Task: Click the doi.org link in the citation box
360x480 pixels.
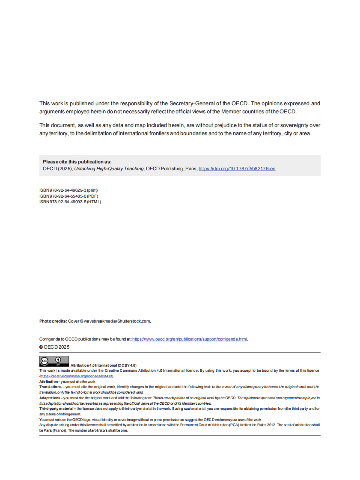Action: coord(237,169)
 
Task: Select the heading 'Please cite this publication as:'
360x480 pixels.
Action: coord(77,162)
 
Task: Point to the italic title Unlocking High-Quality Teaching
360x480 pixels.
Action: coord(109,169)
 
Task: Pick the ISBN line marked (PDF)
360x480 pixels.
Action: coord(69,196)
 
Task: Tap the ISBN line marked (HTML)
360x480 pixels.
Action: coord(70,202)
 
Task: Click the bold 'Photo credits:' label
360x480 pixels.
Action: coord(53,321)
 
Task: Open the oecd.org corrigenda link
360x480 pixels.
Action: coord(190,339)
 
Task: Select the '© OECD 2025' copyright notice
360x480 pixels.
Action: coord(54,347)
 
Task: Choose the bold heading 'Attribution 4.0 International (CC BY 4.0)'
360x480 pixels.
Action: coord(103,365)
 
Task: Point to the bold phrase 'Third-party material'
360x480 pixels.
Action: coord(56,409)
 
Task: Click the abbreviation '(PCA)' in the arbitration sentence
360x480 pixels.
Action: coord(240,425)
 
